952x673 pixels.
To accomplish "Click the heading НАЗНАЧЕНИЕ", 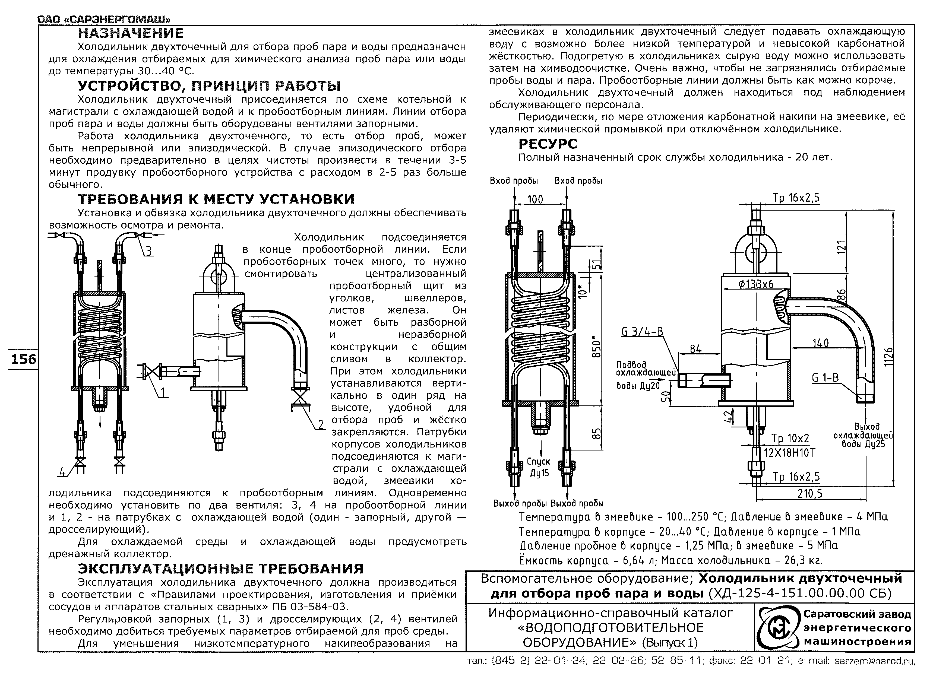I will point(131,33).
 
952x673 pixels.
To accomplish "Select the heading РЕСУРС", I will point(548,144).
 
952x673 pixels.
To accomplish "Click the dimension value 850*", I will point(596,346).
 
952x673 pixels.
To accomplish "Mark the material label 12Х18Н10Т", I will point(789,453).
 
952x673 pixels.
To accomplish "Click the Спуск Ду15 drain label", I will point(538,467).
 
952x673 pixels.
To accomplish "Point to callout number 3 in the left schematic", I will point(148,251).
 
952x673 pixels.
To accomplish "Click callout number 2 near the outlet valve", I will point(321,424).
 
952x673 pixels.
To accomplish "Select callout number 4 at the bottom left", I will point(63,472).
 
